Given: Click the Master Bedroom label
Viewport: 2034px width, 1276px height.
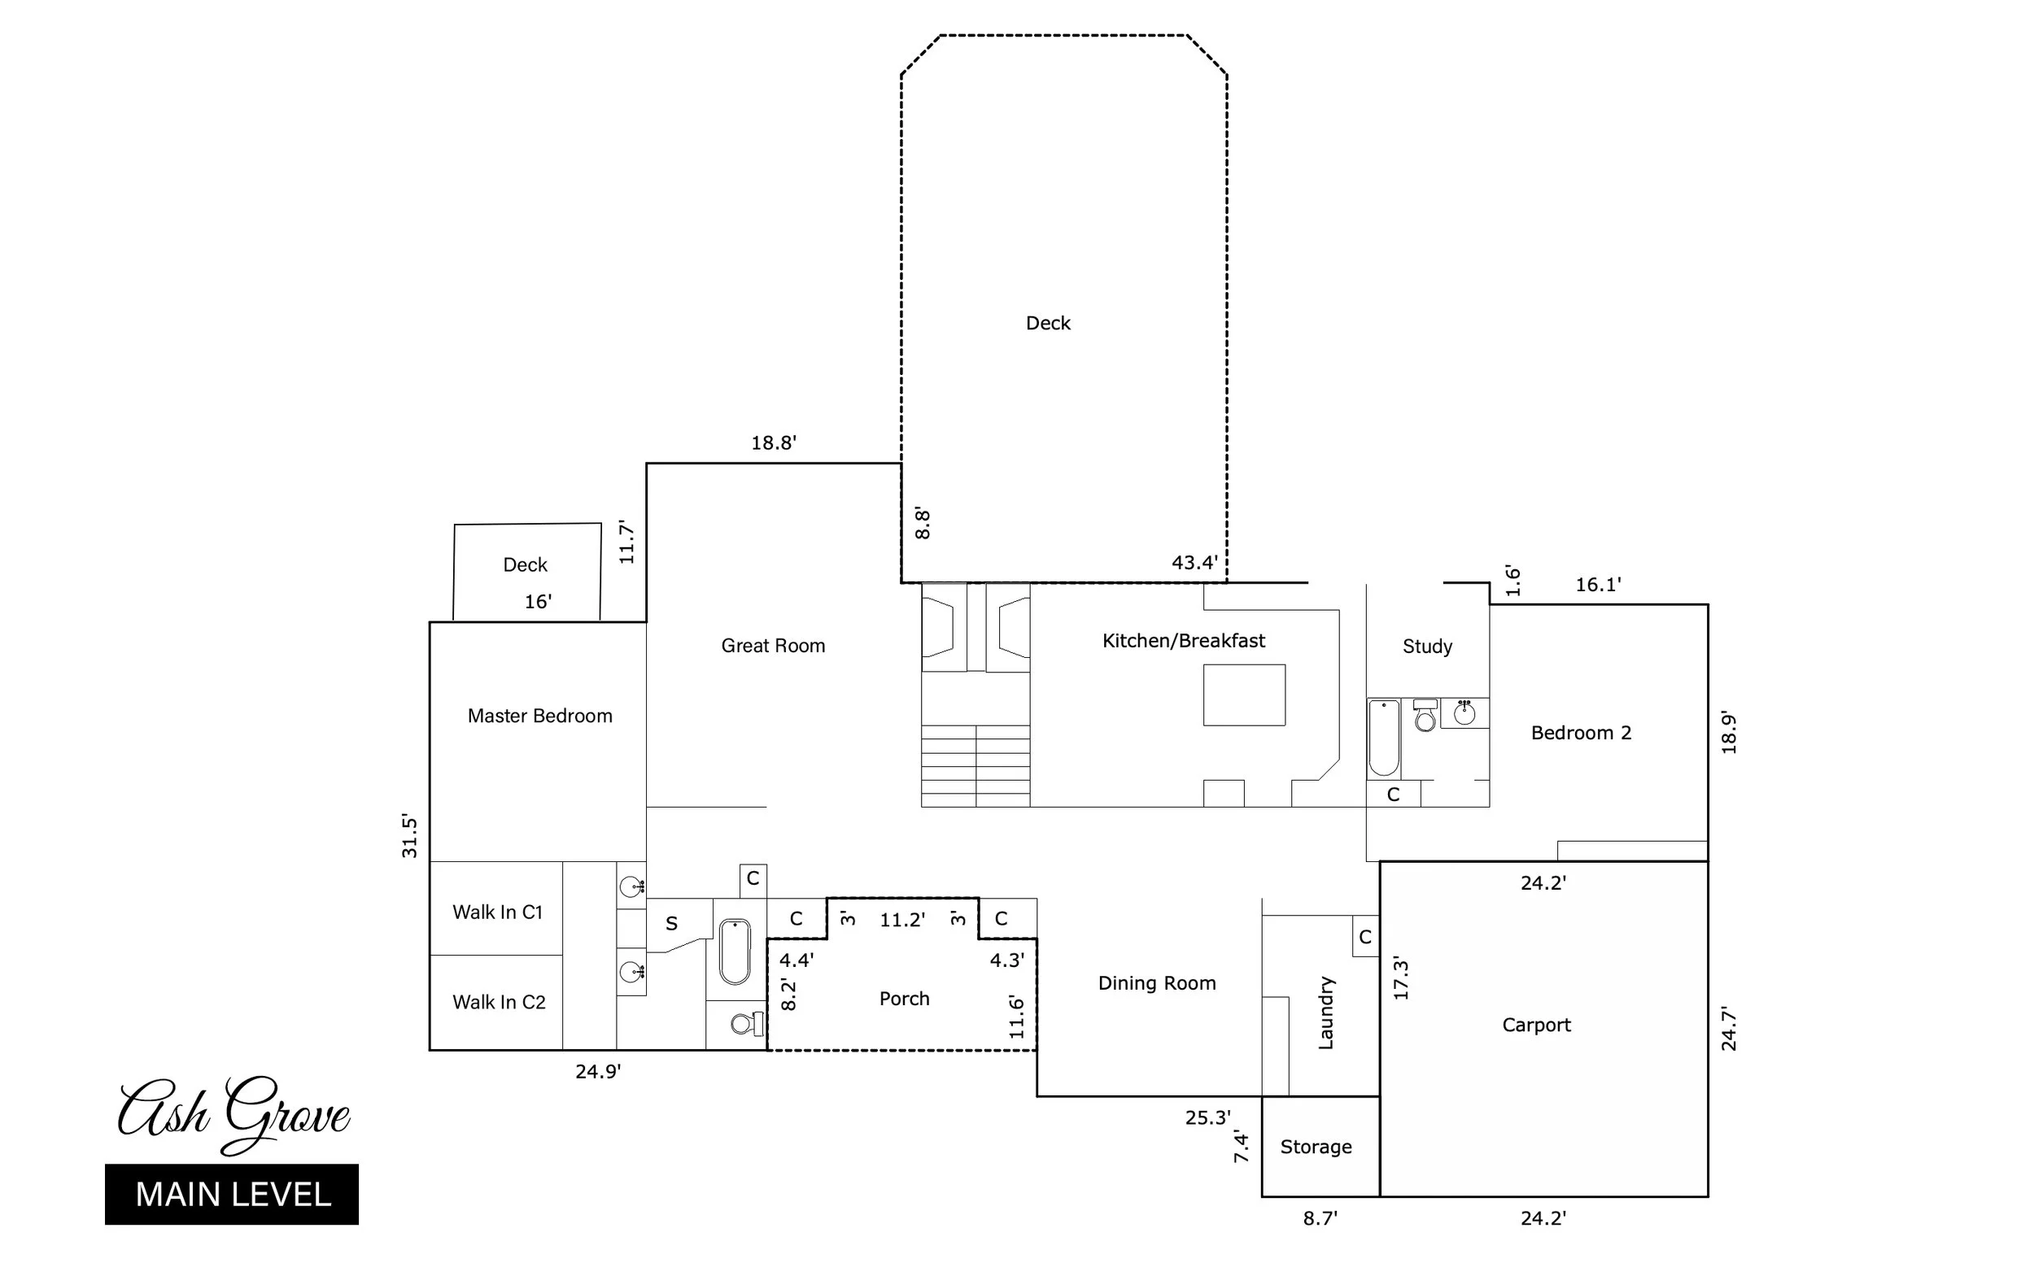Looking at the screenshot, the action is tap(539, 716).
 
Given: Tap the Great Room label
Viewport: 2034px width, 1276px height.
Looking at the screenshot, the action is tap(773, 647).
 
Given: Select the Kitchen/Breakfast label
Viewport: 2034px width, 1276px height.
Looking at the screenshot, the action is tap(1183, 642).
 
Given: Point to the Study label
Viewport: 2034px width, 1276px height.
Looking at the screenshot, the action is tap(1427, 647).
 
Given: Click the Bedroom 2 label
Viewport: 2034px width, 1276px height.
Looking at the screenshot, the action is tap(1581, 734).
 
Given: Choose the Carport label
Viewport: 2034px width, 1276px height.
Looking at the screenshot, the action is tap(1536, 1026).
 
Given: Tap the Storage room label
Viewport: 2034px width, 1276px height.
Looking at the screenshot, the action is tap(1316, 1147).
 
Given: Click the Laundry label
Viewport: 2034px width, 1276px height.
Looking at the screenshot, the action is tap(1325, 1013).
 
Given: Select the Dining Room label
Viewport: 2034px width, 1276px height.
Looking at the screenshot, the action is tap(1157, 983).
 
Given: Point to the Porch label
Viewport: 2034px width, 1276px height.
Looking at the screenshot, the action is tap(903, 999).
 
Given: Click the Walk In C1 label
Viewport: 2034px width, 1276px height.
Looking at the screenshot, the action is tap(497, 912).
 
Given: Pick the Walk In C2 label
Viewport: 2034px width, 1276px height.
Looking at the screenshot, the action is tap(498, 1003).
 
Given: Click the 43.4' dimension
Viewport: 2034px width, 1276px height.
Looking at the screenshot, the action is tap(1194, 563).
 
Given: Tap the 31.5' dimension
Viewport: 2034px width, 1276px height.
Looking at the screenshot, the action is tap(409, 835).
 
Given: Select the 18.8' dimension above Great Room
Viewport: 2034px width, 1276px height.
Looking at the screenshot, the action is tap(774, 443).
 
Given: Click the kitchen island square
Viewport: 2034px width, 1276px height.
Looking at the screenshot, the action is tap(1244, 695).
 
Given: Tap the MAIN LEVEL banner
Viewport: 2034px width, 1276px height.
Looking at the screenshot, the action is tap(232, 1194).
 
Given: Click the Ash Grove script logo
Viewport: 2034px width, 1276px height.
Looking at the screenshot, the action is tap(234, 1114).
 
